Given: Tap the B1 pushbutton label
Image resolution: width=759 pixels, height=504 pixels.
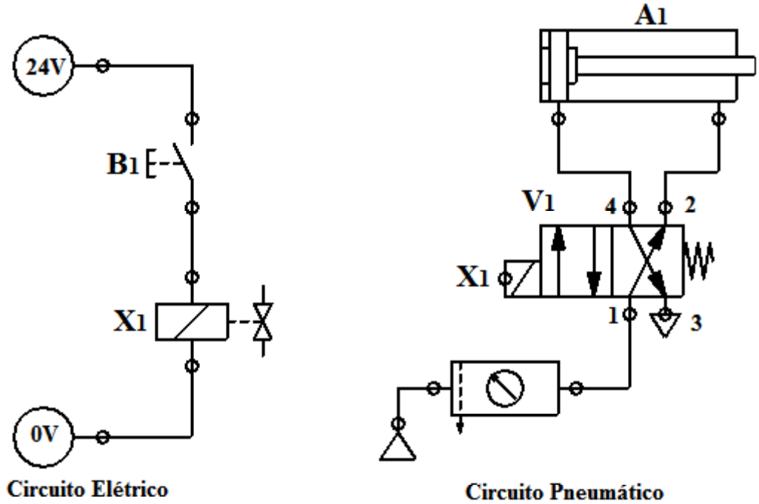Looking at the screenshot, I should (x=118, y=161).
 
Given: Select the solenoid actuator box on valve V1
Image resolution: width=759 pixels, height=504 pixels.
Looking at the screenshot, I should (x=522, y=279).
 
